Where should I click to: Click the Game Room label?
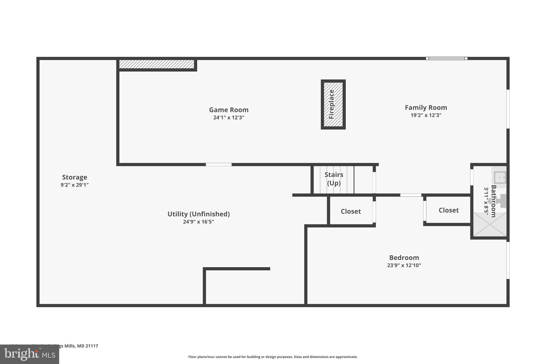[228, 110]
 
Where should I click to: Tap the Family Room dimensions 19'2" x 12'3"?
[426, 115]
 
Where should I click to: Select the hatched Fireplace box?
[333, 104]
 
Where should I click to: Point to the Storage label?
[74, 177]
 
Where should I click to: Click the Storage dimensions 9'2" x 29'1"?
[74, 185]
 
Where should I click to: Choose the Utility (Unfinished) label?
[198, 214]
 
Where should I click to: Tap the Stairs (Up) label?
[334, 179]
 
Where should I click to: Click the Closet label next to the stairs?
[351, 211]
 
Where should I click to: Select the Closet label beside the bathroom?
[448, 210]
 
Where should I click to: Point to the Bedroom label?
[404, 258]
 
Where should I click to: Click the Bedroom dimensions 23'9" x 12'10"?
[404, 265]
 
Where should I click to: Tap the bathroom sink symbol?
[500, 177]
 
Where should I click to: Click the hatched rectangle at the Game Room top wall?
[156, 64]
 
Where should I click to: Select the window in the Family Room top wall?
[447, 58]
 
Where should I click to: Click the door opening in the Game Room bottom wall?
[219, 165]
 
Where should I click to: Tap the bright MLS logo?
[29, 354]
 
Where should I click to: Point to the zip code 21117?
[91, 346]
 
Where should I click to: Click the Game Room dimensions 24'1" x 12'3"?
[228, 118]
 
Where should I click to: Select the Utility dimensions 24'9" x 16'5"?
[198, 222]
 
